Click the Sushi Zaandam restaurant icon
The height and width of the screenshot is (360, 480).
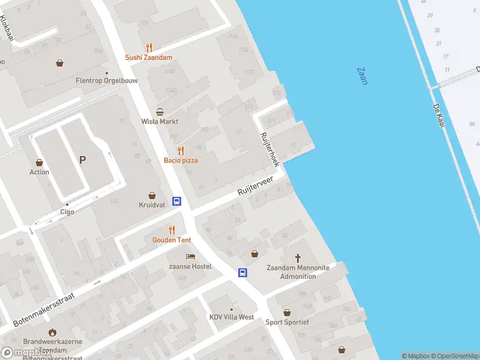(x=149, y=47)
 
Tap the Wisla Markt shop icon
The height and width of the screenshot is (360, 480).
(x=160, y=112)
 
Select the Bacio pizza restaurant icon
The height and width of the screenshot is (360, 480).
(x=181, y=151)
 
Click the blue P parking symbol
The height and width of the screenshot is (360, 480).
(x=82, y=160)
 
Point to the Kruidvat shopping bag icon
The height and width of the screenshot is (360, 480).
(x=152, y=196)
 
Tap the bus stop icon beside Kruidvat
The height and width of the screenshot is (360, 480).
(x=177, y=201)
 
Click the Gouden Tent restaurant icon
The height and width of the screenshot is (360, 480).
(x=172, y=230)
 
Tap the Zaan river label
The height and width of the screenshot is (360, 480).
(x=362, y=76)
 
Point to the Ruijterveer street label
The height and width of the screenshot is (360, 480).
(x=256, y=185)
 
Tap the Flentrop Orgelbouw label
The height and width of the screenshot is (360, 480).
(x=100, y=80)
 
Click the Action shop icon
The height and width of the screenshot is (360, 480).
(x=40, y=163)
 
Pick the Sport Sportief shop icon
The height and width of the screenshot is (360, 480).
(x=287, y=313)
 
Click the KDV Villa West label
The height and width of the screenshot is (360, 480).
(x=232, y=317)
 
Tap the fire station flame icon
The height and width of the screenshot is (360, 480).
(x=53, y=332)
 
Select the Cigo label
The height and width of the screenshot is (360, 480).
(x=67, y=212)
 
